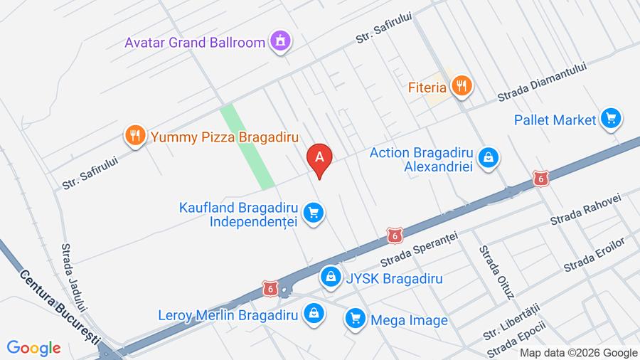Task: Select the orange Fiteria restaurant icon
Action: (x=462, y=87)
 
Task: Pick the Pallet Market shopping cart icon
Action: (x=610, y=119)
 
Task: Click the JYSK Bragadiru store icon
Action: (x=330, y=277)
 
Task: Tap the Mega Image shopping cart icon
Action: (x=355, y=319)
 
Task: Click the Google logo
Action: (x=33, y=348)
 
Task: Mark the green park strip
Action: (x=247, y=147)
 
